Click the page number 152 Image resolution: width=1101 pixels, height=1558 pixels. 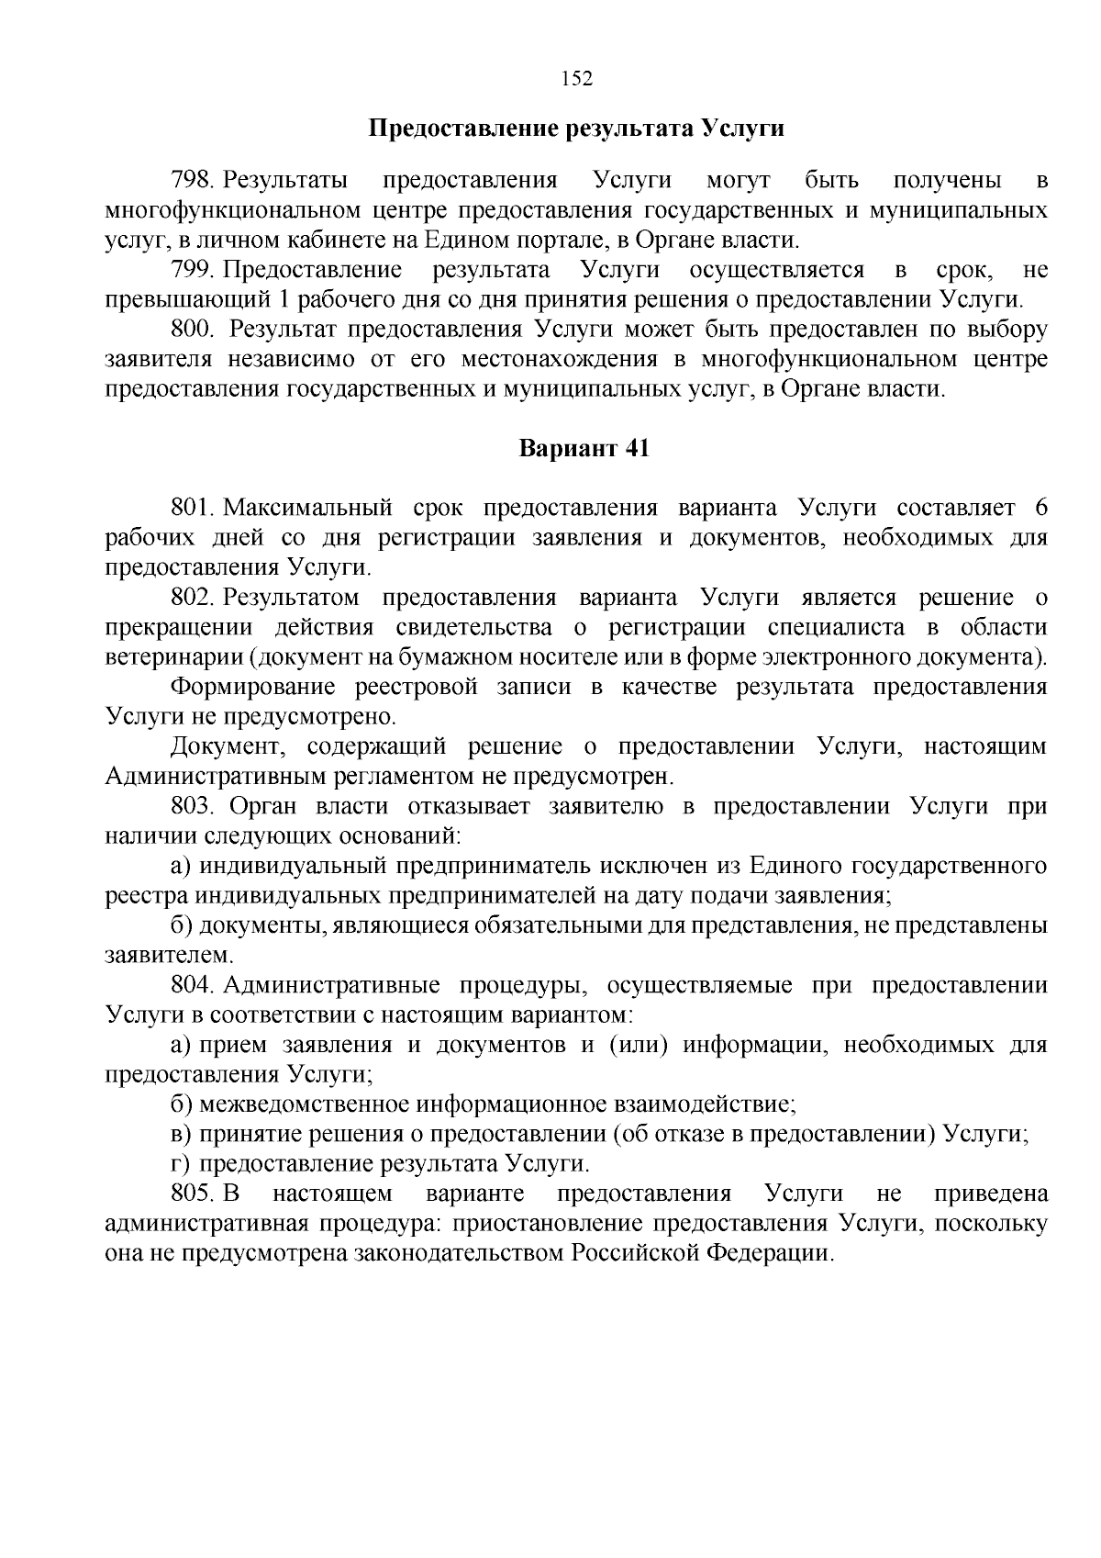577,79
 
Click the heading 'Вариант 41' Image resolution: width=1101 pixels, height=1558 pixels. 584,449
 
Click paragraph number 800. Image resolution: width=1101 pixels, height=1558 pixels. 193,329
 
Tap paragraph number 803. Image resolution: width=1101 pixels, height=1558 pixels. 193,806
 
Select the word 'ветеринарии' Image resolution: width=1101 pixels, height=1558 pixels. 173,657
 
